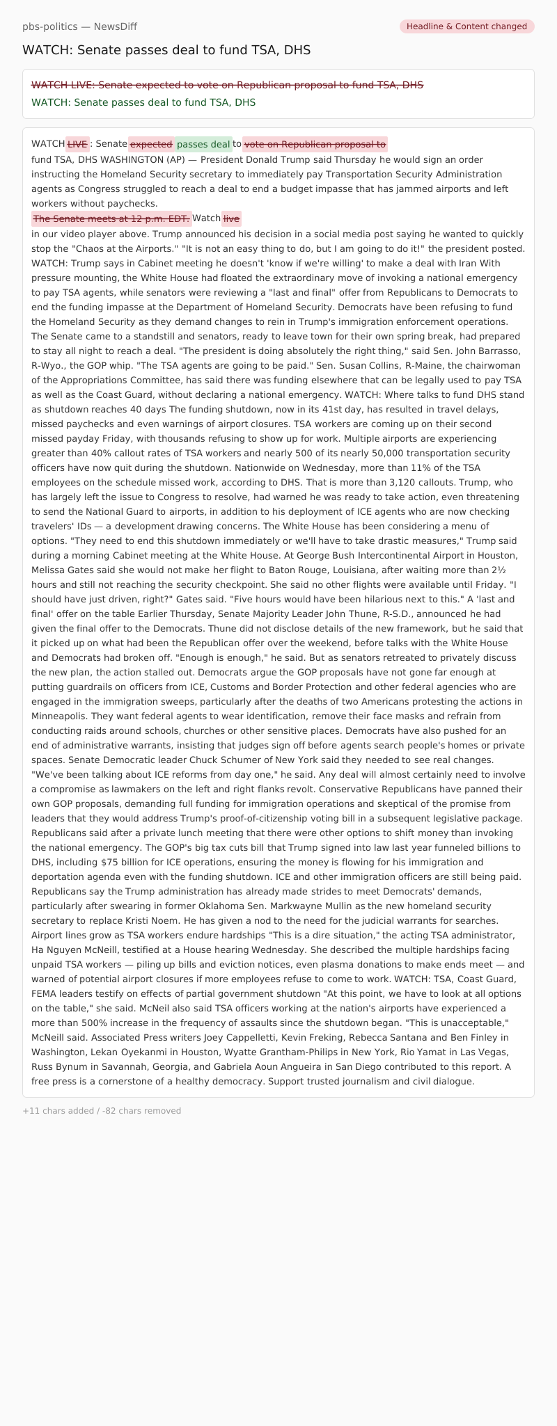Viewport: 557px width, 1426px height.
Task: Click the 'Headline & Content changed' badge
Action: (466, 26)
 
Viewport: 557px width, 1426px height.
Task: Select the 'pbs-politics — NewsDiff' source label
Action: (79, 26)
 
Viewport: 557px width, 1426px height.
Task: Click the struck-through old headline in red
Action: (227, 85)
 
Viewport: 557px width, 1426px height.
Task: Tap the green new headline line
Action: (143, 102)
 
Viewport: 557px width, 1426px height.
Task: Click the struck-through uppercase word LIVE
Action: (77, 145)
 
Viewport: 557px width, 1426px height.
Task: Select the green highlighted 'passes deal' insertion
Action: (203, 145)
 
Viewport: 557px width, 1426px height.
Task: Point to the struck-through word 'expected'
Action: (151, 145)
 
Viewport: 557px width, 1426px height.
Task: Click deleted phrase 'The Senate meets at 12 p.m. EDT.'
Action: (111, 218)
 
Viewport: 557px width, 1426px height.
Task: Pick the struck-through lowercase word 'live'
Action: (231, 218)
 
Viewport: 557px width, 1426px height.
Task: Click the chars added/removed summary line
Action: (102, 1111)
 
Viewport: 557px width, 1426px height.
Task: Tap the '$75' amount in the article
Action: (110, 862)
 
